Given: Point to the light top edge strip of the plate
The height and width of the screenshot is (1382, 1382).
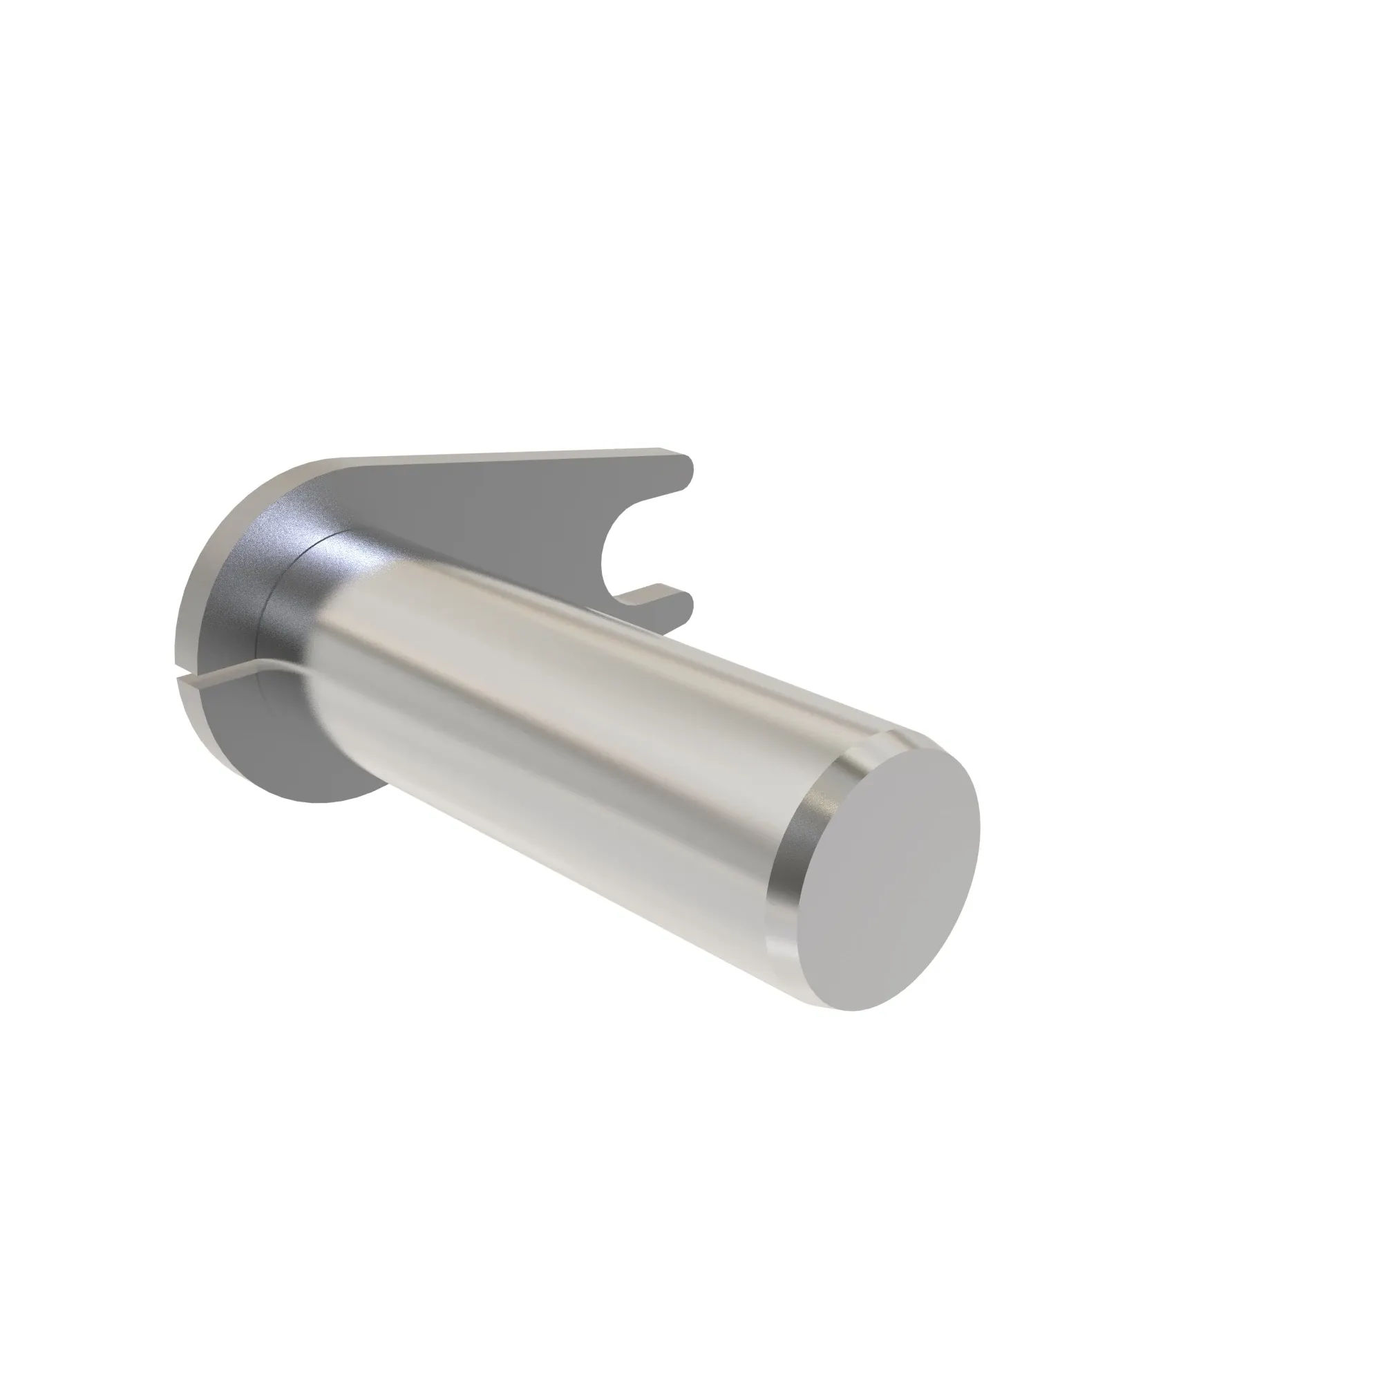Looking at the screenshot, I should coord(501,456).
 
